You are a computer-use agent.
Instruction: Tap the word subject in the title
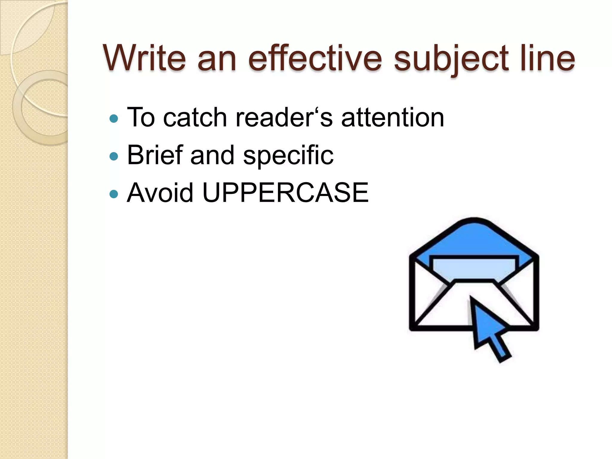pyautogui.click(x=451, y=58)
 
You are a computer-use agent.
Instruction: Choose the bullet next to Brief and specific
pyautogui.click(x=114, y=156)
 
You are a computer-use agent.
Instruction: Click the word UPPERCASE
pyautogui.click(x=285, y=193)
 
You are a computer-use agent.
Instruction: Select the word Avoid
pyautogui.click(x=160, y=193)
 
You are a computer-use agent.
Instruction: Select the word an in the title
pyautogui.click(x=217, y=58)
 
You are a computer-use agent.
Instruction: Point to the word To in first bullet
pyautogui.click(x=141, y=117)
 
